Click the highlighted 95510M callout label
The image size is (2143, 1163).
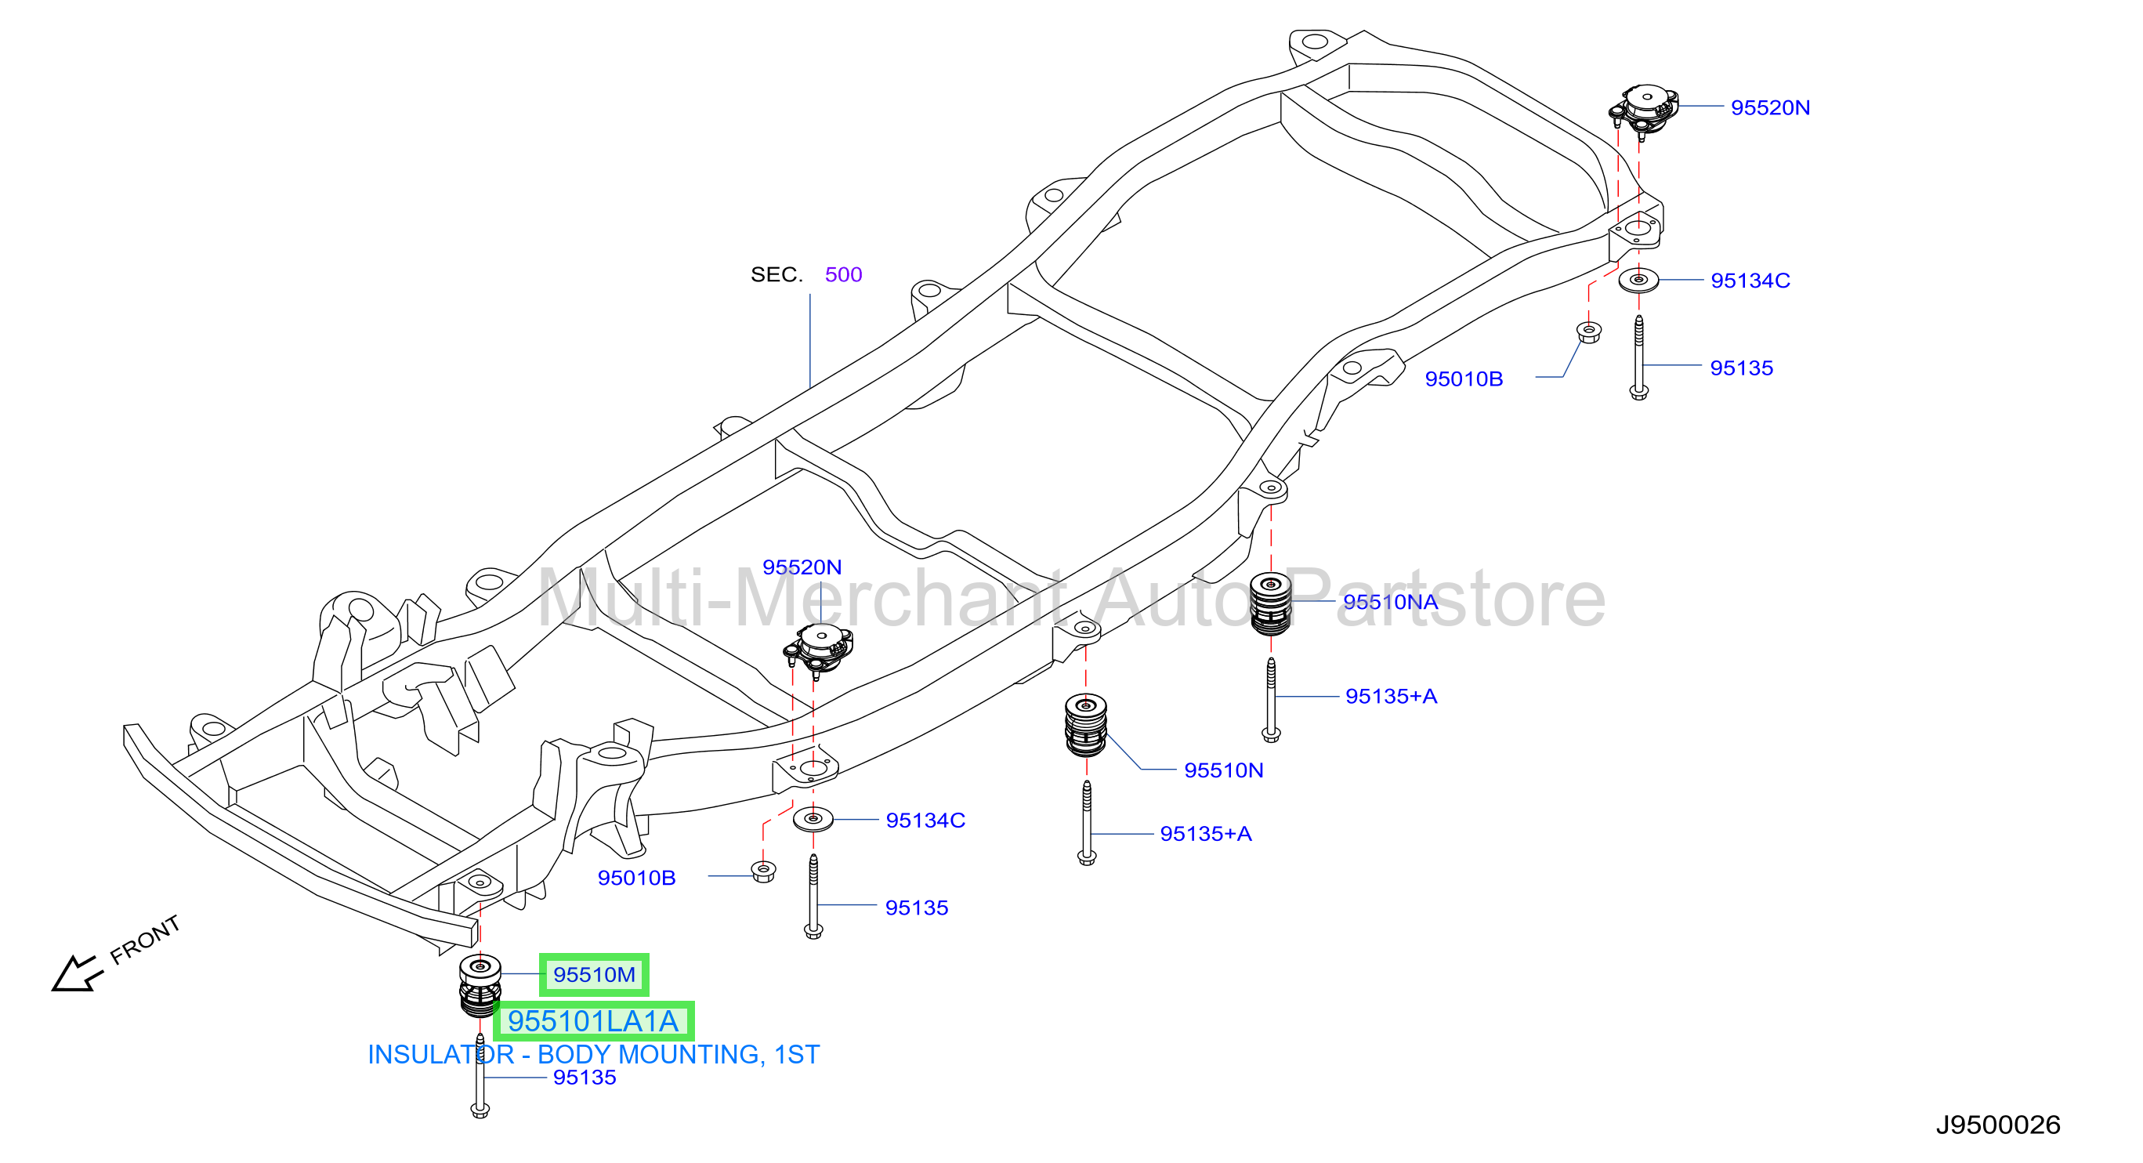(x=594, y=974)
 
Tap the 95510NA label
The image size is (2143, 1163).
(x=1390, y=601)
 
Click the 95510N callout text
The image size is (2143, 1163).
(x=1224, y=770)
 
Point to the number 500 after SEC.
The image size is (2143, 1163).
(x=843, y=274)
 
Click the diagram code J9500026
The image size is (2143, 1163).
(x=1997, y=1125)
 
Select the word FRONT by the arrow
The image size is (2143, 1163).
(x=145, y=940)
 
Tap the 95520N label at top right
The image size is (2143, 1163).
(x=1770, y=107)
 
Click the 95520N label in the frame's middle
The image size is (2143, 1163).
(x=802, y=567)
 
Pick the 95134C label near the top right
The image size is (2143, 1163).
(x=1750, y=281)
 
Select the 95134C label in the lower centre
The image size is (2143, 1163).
(x=925, y=821)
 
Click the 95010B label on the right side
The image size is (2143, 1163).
(x=1464, y=379)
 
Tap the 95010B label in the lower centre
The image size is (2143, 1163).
(x=636, y=878)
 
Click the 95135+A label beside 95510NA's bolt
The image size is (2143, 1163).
(x=1391, y=696)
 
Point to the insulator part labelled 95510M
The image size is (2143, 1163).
(x=480, y=986)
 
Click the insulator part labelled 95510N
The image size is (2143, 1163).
(x=1086, y=726)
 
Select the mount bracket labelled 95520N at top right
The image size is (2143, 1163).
(x=1643, y=109)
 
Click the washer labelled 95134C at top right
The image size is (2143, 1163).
(x=1638, y=281)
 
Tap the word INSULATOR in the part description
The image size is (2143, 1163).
(x=441, y=1055)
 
